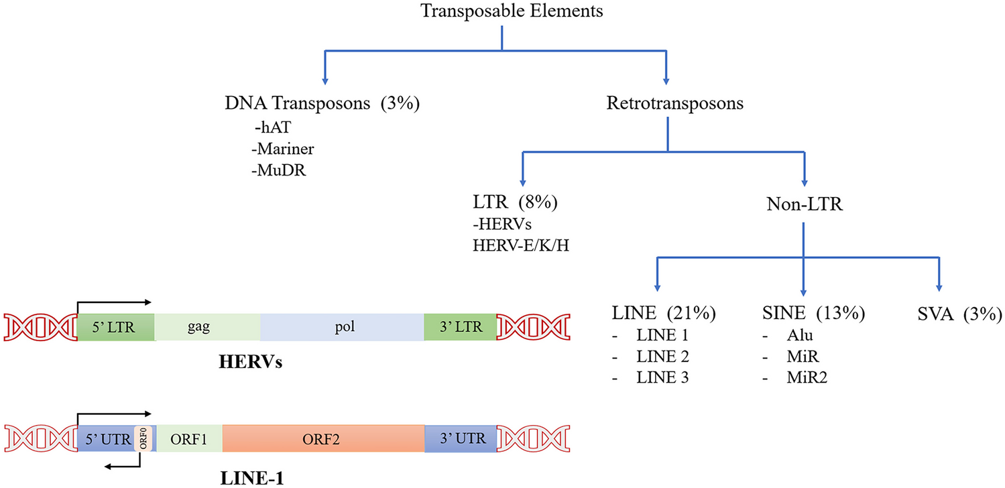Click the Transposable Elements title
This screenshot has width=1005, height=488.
502,13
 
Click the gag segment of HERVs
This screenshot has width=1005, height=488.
207,327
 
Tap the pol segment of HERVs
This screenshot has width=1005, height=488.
342,327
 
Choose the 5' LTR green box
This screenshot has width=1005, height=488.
116,327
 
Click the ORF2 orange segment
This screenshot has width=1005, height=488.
323,439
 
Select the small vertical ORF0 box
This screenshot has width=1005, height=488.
141,439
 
